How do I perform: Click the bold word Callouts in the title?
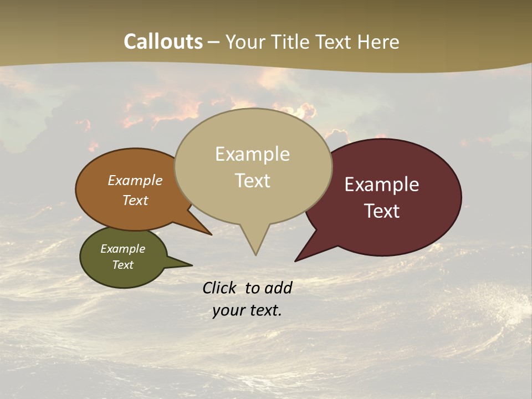163,42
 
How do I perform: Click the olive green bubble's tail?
183,264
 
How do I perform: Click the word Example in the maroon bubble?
382,184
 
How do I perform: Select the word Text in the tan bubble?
253,181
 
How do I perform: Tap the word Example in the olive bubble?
123,249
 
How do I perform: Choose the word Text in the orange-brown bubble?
135,200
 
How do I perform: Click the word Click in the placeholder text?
220,288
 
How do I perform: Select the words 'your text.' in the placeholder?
247,310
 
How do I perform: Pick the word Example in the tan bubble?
252,154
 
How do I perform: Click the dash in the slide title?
214,42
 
